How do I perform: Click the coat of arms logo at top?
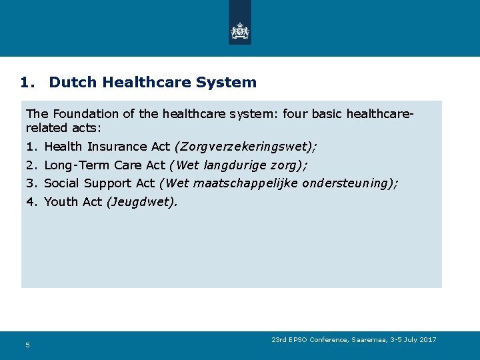coord(239,31)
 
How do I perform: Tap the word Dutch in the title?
coord(72,83)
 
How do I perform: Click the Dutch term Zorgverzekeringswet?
coord(243,147)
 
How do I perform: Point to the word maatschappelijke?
coord(245,183)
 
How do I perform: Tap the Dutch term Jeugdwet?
coord(141,201)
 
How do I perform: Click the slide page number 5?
coord(27,345)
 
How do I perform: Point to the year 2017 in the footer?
coord(428,340)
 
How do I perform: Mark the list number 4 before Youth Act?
coord(30,201)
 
